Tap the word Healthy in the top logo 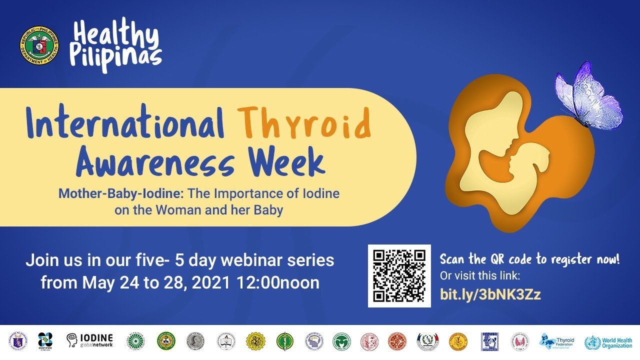coord(116,35)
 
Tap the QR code coord(399,275)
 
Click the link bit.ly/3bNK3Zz coord(490,294)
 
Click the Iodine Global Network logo coord(90,340)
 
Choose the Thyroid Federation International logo coord(557,341)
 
